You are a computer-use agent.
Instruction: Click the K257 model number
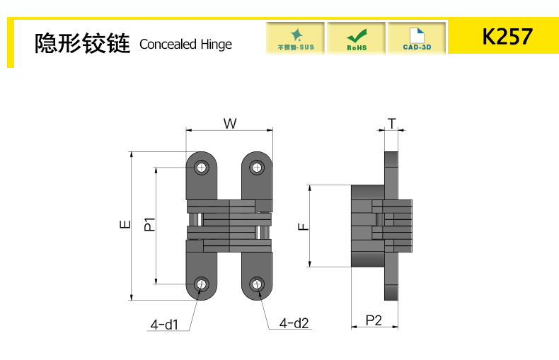point(507,36)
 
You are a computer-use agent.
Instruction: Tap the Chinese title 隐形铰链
point(82,44)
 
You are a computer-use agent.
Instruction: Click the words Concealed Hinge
point(185,45)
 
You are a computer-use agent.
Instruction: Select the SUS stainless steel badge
point(296,38)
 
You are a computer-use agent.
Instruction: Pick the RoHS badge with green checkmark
point(357,38)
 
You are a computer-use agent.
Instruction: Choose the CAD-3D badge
point(417,38)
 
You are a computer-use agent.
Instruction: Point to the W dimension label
point(230,124)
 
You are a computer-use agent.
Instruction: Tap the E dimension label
point(125,225)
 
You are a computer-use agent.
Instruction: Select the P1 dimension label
point(149,225)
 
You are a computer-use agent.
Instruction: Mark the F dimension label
point(303,226)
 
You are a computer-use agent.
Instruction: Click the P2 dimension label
point(374,320)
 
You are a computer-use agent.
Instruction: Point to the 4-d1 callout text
point(163,325)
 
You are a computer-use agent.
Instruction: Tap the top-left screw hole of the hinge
point(202,168)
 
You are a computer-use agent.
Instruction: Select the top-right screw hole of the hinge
point(256,168)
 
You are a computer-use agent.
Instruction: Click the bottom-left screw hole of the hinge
point(202,284)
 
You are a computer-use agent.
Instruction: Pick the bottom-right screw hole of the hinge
point(256,284)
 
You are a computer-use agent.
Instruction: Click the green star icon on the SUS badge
point(296,34)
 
